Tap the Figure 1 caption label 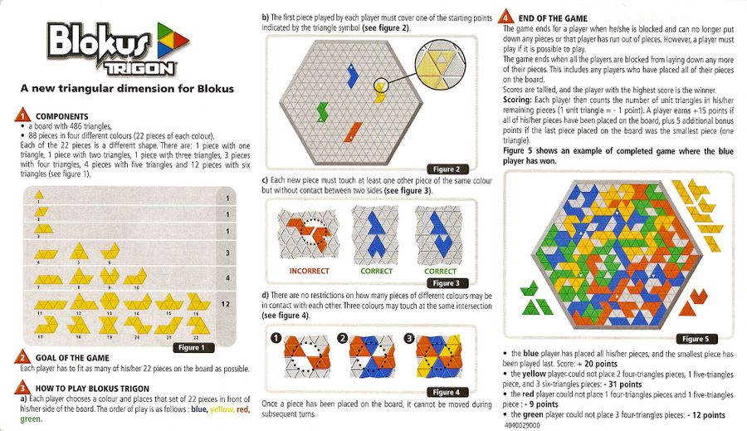tap(192, 348)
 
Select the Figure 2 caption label tap(447, 169)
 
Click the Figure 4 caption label tap(447, 392)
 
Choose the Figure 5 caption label tap(696, 339)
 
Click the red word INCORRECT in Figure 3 tap(310, 271)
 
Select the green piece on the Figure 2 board tap(323, 111)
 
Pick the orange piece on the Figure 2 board tap(353, 132)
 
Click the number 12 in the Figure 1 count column tap(226, 304)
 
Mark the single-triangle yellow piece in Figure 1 tap(38, 194)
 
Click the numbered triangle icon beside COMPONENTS tap(22, 115)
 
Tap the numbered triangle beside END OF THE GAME tap(505, 17)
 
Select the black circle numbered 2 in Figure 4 tap(343, 338)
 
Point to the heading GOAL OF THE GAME tap(72, 358)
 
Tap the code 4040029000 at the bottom tap(522, 424)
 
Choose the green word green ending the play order tap(31, 419)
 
